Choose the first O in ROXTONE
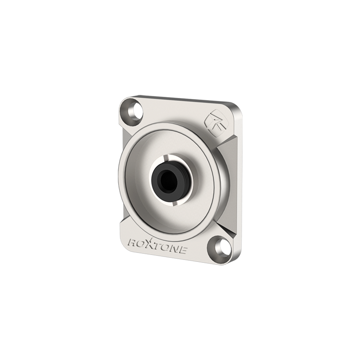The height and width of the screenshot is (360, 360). [142, 245]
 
